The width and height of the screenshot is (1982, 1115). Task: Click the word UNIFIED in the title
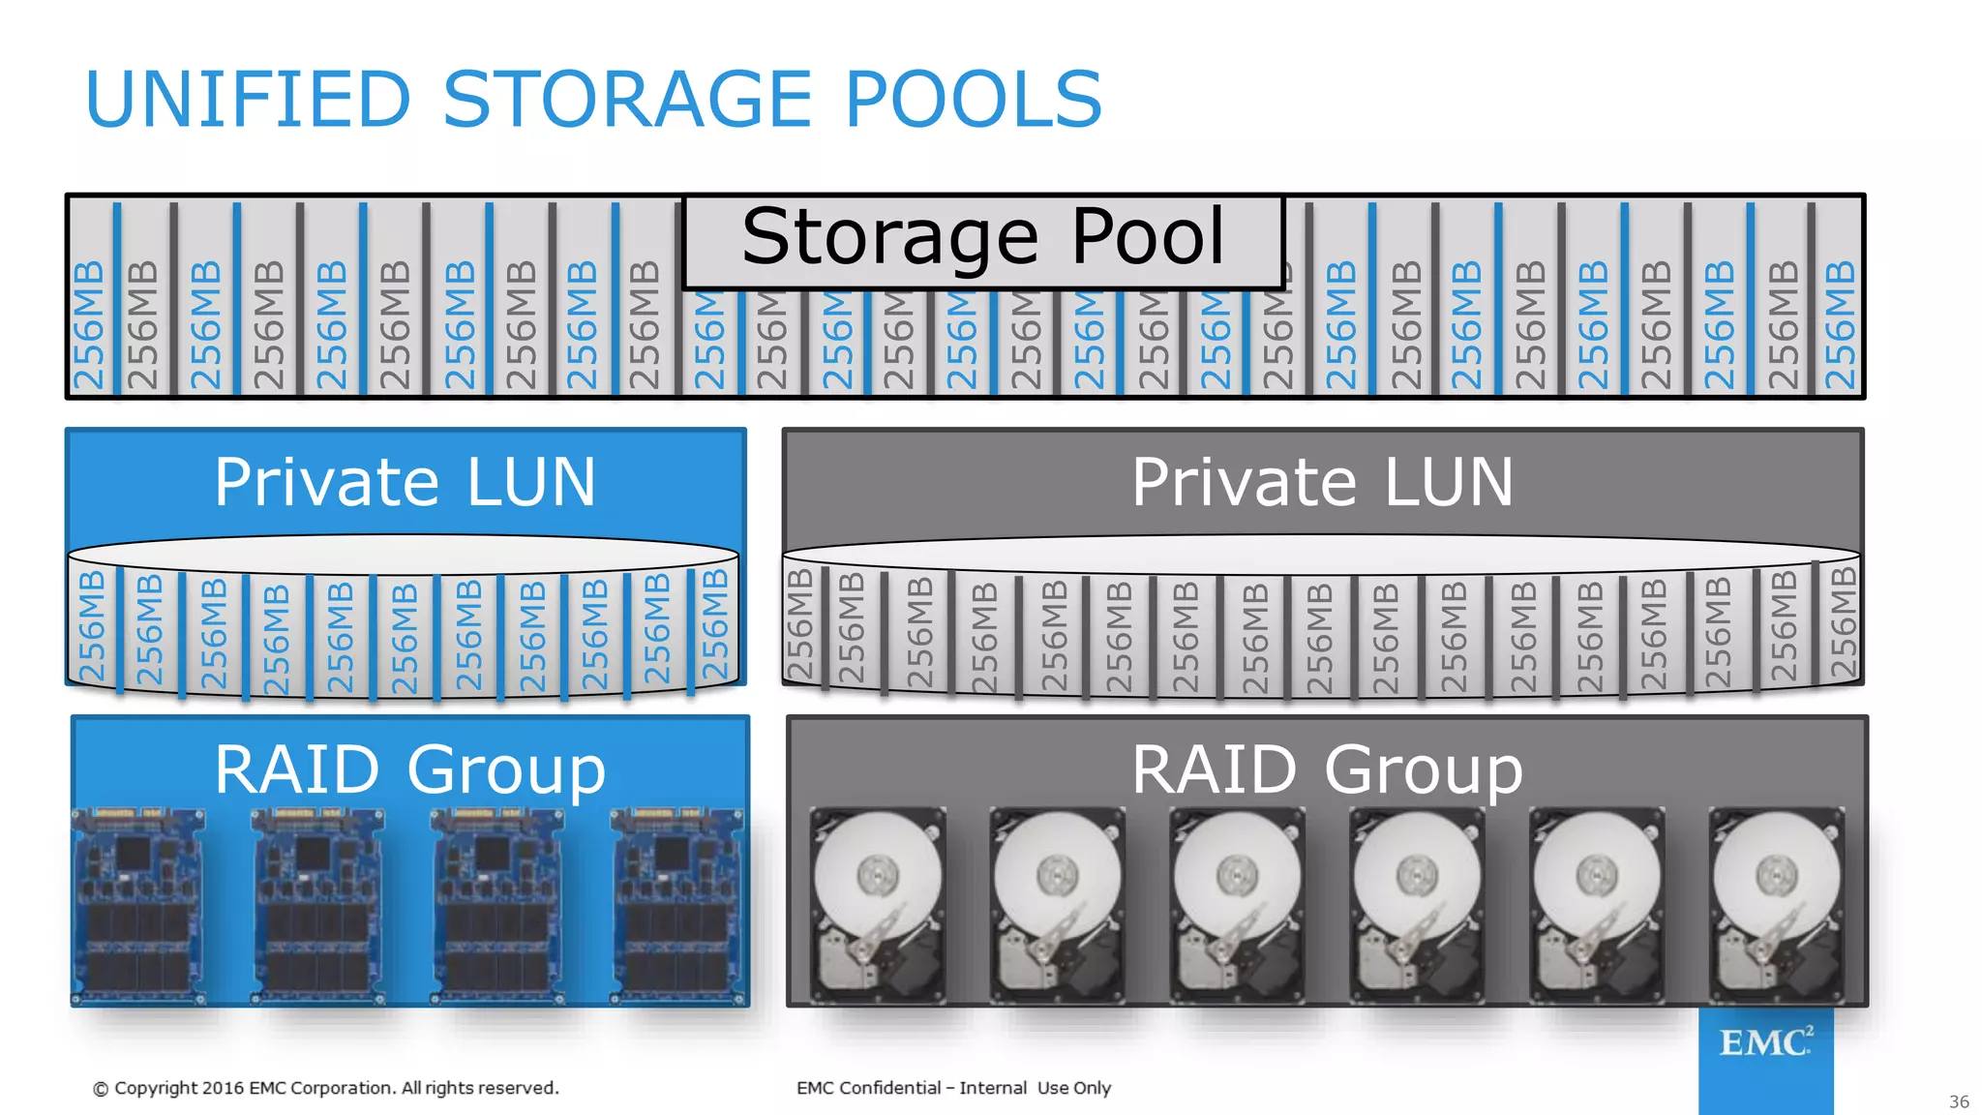tap(249, 99)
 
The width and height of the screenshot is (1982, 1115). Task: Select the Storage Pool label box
tap(983, 239)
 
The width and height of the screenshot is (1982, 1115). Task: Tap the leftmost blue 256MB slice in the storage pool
tap(89, 324)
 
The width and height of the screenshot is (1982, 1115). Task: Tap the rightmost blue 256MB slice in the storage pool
tap(1840, 324)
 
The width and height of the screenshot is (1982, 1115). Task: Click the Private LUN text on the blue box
tap(405, 482)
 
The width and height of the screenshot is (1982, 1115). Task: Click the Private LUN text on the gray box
tap(1322, 482)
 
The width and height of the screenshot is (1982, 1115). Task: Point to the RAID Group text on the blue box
tap(409, 770)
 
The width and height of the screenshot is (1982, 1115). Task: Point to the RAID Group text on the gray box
tap(1327, 770)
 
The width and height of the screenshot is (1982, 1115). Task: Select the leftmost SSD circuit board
tap(137, 906)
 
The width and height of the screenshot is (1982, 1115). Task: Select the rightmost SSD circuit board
tap(678, 906)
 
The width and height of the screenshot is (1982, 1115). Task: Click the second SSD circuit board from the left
tap(317, 906)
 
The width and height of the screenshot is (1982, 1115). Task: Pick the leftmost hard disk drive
tap(878, 906)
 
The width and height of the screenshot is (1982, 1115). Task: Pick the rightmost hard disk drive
tap(1777, 906)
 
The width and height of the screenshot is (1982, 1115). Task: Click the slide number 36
tap(1959, 1101)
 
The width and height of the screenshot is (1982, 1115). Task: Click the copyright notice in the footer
tap(326, 1088)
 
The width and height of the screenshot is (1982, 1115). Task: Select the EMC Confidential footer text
tap(953, 1088)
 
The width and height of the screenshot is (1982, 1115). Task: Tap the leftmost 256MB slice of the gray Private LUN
tap(800, 624)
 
